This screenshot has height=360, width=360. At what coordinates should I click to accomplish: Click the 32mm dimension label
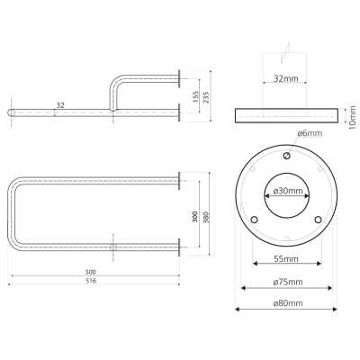[x=286, y=78]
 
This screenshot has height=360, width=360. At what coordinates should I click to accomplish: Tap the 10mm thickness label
[x=353, y=117]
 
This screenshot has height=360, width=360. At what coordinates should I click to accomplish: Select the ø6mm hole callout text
[x=310, y=133]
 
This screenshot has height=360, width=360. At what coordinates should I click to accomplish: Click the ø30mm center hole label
[x=288, y=191]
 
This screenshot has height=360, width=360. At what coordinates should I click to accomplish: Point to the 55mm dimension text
[x=286, y=258]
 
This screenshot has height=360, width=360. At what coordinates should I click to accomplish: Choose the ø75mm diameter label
[x=288, y=282]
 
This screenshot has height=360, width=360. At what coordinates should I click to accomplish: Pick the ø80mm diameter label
[x=288, y=303]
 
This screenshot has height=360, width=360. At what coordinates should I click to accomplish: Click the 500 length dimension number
[x=90, y=272]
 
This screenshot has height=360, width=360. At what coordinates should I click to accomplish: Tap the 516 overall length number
[x=91, y=281]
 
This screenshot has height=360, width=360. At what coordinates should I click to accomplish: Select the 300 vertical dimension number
[x=195, y=217]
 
